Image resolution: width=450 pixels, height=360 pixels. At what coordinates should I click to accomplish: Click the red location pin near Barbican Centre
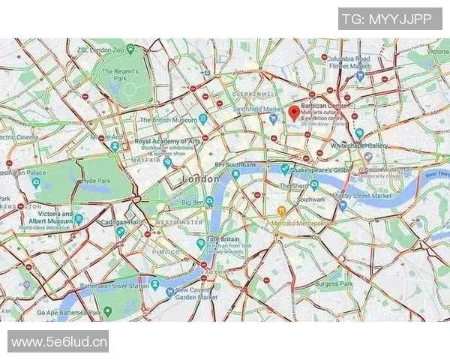[x=294, y=112]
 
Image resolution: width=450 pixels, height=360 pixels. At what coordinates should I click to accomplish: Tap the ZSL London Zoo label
[x=100, y=49]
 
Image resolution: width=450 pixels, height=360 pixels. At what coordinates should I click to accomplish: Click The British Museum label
[x=168, y=119]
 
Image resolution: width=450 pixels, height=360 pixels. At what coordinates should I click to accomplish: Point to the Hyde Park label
[x=95, y=181]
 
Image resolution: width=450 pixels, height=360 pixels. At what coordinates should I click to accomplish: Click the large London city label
[x=201, y=180]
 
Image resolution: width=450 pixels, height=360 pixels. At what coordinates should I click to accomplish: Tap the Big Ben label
[x=193, y=201]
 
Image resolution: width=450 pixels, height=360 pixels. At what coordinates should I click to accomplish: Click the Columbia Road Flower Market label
[x=349, y=62]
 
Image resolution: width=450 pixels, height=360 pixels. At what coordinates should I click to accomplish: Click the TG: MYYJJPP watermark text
[x=387, y=19]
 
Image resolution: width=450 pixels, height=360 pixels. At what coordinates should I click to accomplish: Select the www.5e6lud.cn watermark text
[x=58, y=342]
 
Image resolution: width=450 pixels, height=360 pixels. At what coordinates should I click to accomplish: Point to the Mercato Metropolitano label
[x=304, y=223]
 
